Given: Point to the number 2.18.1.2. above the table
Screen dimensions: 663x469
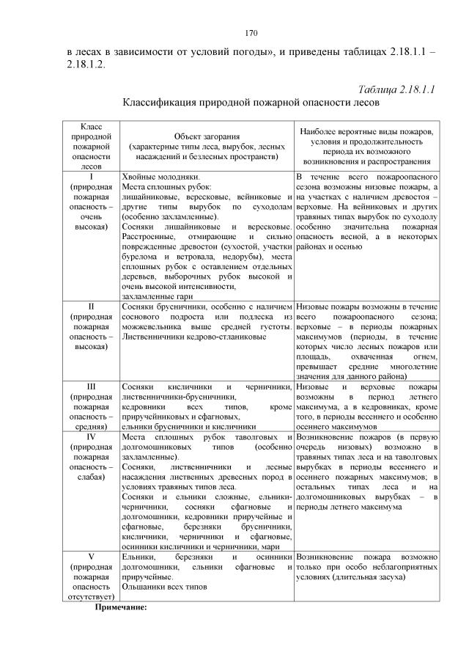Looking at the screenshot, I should tap(86, 64).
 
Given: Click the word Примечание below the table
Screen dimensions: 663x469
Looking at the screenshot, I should tap(122, 607).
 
